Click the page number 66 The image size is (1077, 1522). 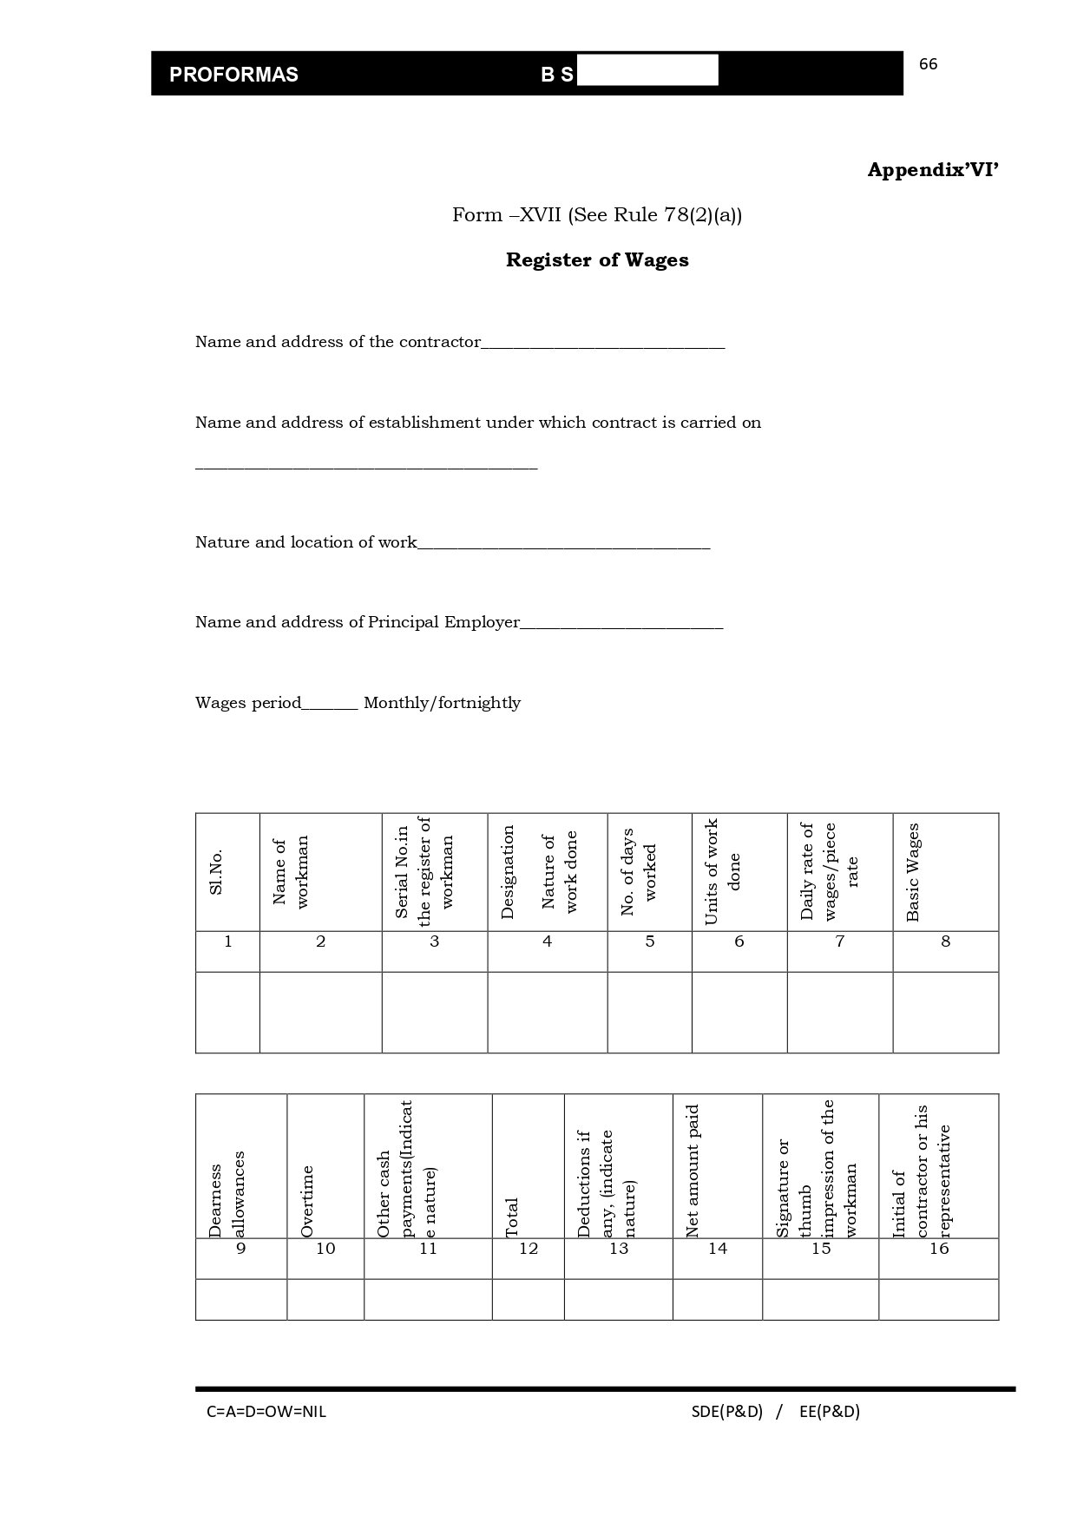928,64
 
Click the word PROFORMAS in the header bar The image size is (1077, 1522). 233,75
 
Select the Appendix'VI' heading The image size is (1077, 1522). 933,170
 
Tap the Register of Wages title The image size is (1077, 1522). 597,260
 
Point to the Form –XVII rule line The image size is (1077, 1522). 597,215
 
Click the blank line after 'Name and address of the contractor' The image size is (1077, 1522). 602,345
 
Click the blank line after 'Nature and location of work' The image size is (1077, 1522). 563,546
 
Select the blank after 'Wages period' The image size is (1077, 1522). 330,706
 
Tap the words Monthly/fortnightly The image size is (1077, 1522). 442,703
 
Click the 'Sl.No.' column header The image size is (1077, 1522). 216,872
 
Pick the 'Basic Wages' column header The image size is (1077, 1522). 913,872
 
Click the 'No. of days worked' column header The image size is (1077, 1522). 640,872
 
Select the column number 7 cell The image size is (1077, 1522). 839,941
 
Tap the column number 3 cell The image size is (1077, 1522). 434,941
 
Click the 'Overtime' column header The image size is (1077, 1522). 306,1201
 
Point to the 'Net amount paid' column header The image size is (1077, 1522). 693,1171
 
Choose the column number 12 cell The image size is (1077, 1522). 528,1249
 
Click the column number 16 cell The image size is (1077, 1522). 939,1249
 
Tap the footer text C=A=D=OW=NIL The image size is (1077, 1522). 266,1412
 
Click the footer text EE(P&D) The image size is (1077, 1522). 830,1412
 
